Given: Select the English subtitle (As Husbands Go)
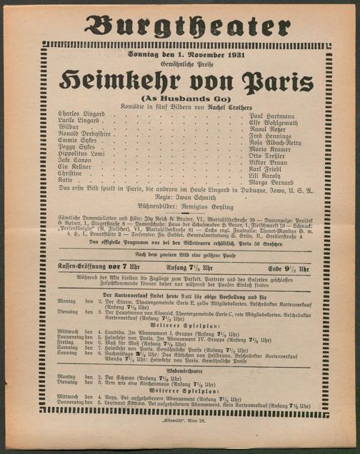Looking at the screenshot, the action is click(179, 97).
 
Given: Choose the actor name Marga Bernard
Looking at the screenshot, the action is click(271, 182).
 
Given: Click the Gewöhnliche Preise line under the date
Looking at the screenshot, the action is click(179, 64).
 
